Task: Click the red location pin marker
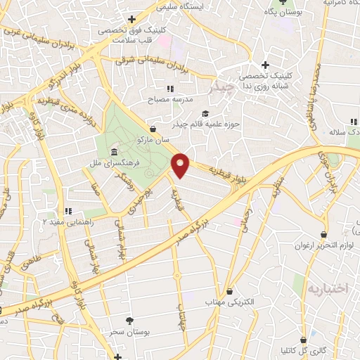coord(181,165)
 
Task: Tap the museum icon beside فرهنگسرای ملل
coord(113,153)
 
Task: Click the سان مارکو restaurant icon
coord(153,128)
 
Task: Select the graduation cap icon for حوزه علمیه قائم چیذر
coord(205,114)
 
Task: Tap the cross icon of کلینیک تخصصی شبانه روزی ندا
coord(264,65)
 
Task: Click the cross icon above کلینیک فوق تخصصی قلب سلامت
coord(131,19)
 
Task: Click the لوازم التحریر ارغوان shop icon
coord(323,234)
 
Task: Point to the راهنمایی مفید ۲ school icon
coord(68,210)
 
